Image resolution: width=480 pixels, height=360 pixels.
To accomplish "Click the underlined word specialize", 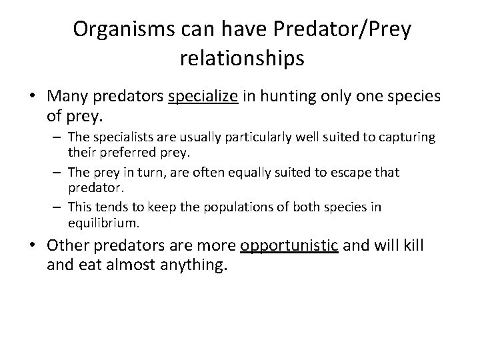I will pos(203,97).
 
